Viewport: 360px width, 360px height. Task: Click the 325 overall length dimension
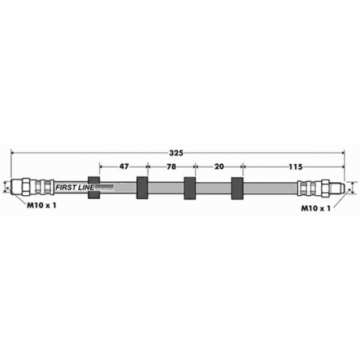(176, 153)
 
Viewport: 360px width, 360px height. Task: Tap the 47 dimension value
(124, 166)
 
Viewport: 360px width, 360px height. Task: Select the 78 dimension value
(171, 166)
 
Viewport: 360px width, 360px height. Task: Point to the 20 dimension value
(219, 166)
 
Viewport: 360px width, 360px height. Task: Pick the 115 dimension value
(295, 166)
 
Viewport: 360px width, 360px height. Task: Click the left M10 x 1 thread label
(41, 205)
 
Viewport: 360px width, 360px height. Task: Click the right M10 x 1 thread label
(316, 208)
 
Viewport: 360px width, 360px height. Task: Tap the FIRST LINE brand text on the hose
(75, 187)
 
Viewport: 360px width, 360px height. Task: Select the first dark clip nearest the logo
(94, 187)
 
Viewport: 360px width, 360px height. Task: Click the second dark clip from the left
(142, 188)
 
